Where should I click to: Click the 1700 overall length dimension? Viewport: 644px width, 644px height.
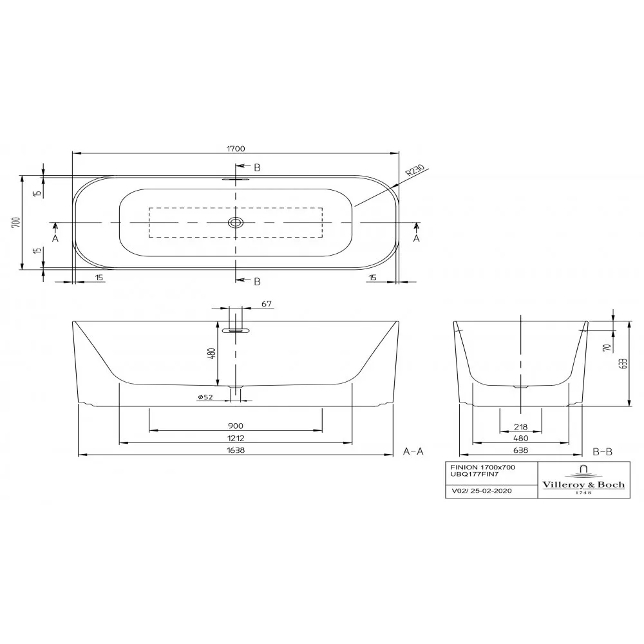236,149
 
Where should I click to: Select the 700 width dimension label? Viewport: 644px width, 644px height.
16,222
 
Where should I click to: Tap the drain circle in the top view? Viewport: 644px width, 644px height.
236,223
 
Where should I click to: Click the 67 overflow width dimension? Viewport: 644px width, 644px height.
267,304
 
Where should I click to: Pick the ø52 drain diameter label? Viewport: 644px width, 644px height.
205,397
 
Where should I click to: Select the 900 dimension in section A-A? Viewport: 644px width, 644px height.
236,426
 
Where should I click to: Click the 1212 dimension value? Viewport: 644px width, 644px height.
236,438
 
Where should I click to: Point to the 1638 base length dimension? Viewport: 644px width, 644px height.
236,450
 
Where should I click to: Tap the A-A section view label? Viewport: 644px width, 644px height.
413,451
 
